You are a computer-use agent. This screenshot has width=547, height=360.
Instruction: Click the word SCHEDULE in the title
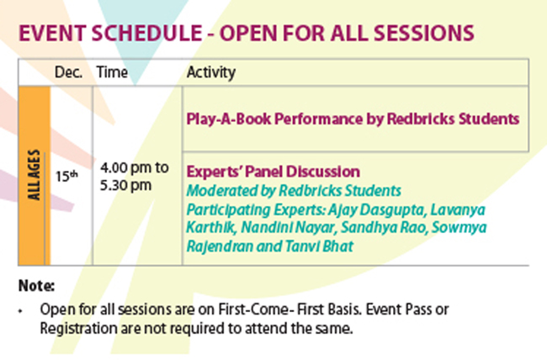point(146,34)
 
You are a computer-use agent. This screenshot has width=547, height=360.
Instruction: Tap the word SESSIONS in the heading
point(424,34)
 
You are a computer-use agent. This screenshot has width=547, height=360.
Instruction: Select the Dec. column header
point(68,72)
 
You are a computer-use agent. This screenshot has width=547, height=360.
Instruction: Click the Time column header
point(112,72)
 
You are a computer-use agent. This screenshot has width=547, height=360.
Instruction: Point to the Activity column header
point(211,72)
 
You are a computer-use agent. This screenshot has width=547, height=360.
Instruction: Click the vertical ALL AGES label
point(34,175)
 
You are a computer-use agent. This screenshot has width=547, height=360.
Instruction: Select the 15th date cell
point(66,176)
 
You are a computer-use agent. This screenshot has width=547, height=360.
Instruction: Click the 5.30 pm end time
point(125,185)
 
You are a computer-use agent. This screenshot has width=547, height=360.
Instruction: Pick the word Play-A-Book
point(229,119)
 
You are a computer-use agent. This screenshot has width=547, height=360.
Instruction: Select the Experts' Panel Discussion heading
point(273,172)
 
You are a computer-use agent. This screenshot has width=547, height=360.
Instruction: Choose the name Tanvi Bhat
point(319,246)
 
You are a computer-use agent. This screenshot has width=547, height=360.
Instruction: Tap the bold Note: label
point(36,286)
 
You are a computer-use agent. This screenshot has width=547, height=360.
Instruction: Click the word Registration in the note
point(78,329)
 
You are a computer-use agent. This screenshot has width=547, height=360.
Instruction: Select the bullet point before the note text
point(20,310)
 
